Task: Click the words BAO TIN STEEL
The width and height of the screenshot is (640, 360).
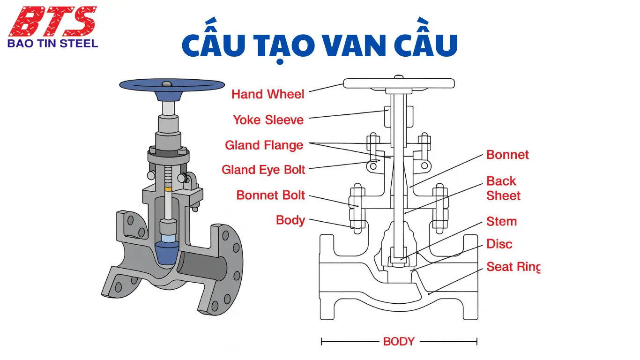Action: pyautogui.click(x=52, y=44)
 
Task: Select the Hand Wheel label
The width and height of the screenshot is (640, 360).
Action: pyautogui.click(x=268, y=94)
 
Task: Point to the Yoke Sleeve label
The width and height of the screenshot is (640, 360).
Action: pyautogui.click(x=268, y=120)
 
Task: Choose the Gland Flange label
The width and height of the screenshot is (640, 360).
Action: pyautogui.click(x=264, y=145)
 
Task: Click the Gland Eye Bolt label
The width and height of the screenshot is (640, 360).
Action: pyautogui.click(x=263, y=170)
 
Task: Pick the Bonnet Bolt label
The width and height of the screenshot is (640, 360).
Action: pyautogui.click(x=270, y=195)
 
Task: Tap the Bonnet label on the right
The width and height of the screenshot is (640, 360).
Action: pyautogui.click(x=507, y=155)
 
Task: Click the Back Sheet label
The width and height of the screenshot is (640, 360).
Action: pyautogui.click(x=503, y=188)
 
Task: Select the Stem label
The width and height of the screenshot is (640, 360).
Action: pyautogui.click(x=501, y=221)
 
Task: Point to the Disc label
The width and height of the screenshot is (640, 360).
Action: pyautogui.click(x=499, y=244)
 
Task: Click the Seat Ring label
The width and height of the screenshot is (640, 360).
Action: pyautogui.click(x=513, y=267)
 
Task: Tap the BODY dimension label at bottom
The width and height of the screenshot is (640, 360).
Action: pyautogui.click(x=399, y=341)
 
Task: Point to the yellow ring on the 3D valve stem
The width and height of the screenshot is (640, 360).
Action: pyautogui.click(x=169, y=188)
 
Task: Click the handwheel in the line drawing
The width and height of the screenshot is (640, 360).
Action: pyautogui.click(x=399, y=83)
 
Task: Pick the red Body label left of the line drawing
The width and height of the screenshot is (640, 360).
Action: pyautogui.click(x=290, y=220)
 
